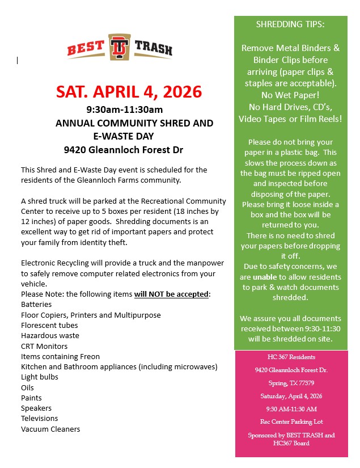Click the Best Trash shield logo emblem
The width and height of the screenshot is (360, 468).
click(120, 47)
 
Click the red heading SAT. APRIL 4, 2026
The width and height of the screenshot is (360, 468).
click(129, 92)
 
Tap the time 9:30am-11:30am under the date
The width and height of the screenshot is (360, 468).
click(125, 109)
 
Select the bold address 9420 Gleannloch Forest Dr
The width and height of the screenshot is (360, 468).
click(124, 150)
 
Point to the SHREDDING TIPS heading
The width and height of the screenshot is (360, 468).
click(290, 25)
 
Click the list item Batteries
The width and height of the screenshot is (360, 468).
click(37, 305)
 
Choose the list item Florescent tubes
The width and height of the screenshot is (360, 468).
click(49, 325)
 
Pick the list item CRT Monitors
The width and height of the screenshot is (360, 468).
click(44, 346)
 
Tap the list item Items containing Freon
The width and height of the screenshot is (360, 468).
click(60, 356)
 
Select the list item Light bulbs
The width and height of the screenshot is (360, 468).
click(39, 377)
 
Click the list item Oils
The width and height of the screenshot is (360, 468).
click(28, 387)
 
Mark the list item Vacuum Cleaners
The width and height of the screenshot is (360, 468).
click(50, 429)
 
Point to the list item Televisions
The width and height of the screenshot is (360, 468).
click(40, 418)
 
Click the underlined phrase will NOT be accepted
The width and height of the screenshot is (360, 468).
click(172, 294)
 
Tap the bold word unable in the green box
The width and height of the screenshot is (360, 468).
click(265, 277)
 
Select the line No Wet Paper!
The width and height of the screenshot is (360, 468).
click(290, 95)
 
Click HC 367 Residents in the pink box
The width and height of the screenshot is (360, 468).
click(291, 357)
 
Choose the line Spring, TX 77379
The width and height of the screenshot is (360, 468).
click(291, 383)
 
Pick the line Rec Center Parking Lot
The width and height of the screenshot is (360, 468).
click(291, 422)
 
